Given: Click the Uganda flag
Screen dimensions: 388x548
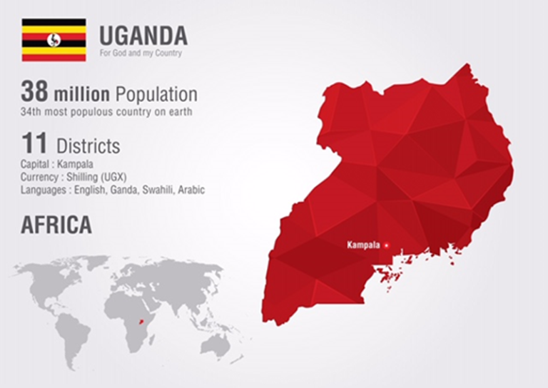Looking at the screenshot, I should coord(54,40).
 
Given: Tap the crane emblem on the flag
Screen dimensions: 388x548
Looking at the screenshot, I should coord(54,40).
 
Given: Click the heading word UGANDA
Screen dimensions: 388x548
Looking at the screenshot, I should coord(143,35).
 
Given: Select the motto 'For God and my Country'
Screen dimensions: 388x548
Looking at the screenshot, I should coord(141,53).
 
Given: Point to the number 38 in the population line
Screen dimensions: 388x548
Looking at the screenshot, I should coord(35,92).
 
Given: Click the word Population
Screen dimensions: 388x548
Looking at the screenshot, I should coord(156,93).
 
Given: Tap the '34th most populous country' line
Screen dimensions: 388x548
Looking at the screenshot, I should coord(106,112).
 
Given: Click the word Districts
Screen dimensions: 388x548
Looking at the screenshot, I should coord(88,146).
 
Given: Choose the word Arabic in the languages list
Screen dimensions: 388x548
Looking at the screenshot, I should coord(191,190).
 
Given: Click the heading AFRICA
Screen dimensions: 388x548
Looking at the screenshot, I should coord(56,225).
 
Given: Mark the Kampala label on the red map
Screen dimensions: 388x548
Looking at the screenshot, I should coord(363,245).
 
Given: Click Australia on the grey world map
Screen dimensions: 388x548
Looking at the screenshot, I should coord(212,345).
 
